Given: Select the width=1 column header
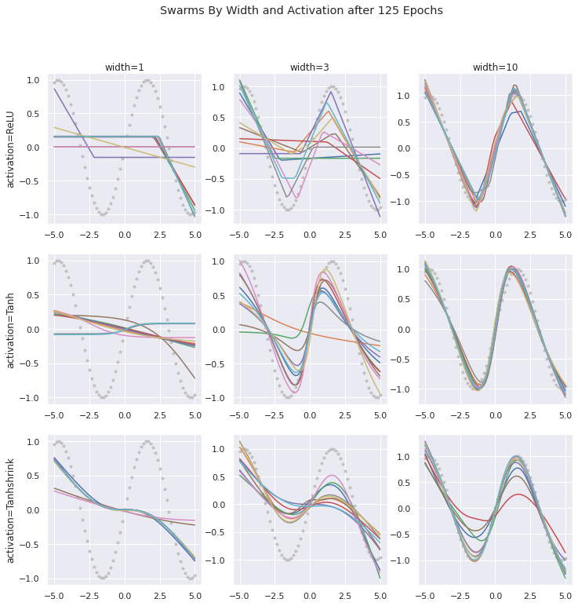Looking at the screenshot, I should (x=124, y=68).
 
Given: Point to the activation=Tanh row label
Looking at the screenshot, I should (x=11, y=330).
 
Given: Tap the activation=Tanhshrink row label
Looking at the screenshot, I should (x=11, y=510).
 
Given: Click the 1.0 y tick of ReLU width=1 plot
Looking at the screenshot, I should (x=33, y=80).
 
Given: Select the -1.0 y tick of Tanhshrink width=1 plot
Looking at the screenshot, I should (x=31, y=579).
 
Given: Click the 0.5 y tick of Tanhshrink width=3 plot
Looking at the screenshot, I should (x=220, y=477).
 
